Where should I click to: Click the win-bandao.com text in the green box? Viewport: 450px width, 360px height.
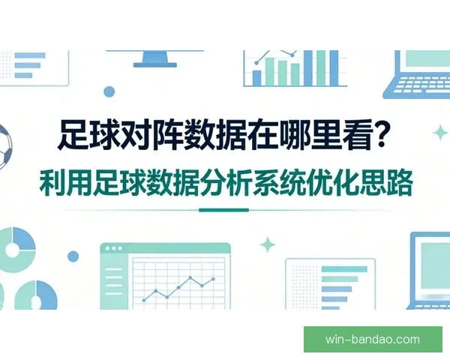coord(372,339)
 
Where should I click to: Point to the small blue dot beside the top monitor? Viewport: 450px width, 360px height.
coord(109,91)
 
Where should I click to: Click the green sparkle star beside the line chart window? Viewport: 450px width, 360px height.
coord(268,244)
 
